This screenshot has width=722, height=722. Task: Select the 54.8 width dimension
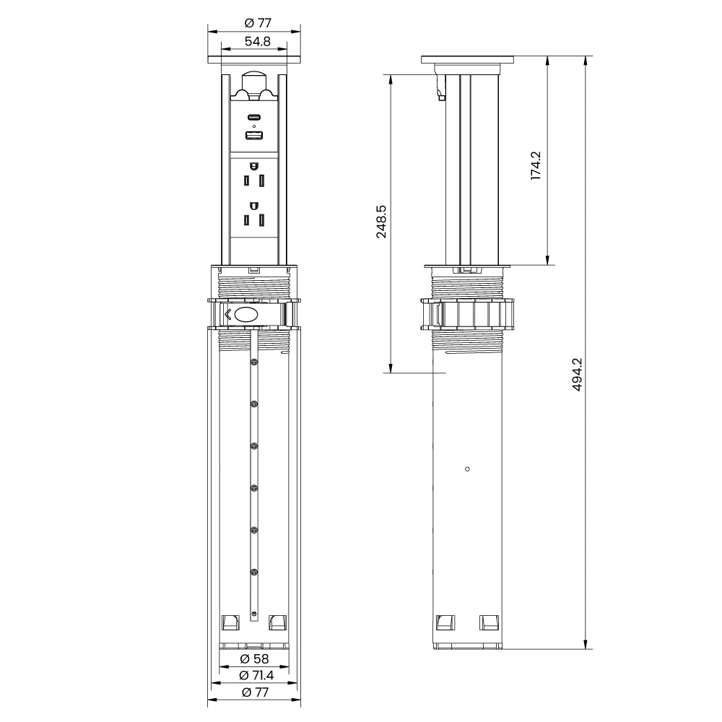point(257,42)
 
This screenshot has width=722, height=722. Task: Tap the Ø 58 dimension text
point(254,658)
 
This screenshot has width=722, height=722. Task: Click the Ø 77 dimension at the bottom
point(254,692)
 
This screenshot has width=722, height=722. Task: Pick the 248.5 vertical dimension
point(382,222)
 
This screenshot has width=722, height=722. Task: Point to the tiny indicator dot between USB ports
point(253,126)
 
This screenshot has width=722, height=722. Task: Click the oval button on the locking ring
point(247,315)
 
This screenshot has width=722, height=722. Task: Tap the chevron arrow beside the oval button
point(228,315)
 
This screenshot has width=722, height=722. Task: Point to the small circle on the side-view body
point(468,469)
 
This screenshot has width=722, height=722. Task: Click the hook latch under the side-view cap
point(440,90)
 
